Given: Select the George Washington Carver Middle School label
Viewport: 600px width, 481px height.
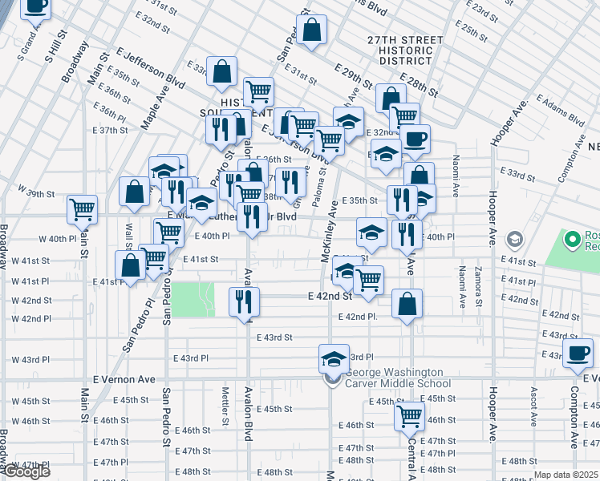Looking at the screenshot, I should click(393, 378).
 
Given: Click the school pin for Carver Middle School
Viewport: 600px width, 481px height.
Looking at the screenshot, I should click(334, 359).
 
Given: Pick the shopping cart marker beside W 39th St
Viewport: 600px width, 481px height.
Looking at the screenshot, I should click(83, 210).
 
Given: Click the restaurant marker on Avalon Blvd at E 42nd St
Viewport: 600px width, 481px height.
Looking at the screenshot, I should click(244, 302).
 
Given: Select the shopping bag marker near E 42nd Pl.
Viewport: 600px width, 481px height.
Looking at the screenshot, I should click(407, 304).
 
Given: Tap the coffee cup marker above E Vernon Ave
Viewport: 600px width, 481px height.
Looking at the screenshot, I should click(578, 354).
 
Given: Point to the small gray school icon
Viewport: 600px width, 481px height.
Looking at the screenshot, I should click(514, 240).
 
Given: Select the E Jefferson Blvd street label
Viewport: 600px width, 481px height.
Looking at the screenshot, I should click(150, 67).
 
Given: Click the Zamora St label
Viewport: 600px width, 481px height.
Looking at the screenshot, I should click(479, 287).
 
